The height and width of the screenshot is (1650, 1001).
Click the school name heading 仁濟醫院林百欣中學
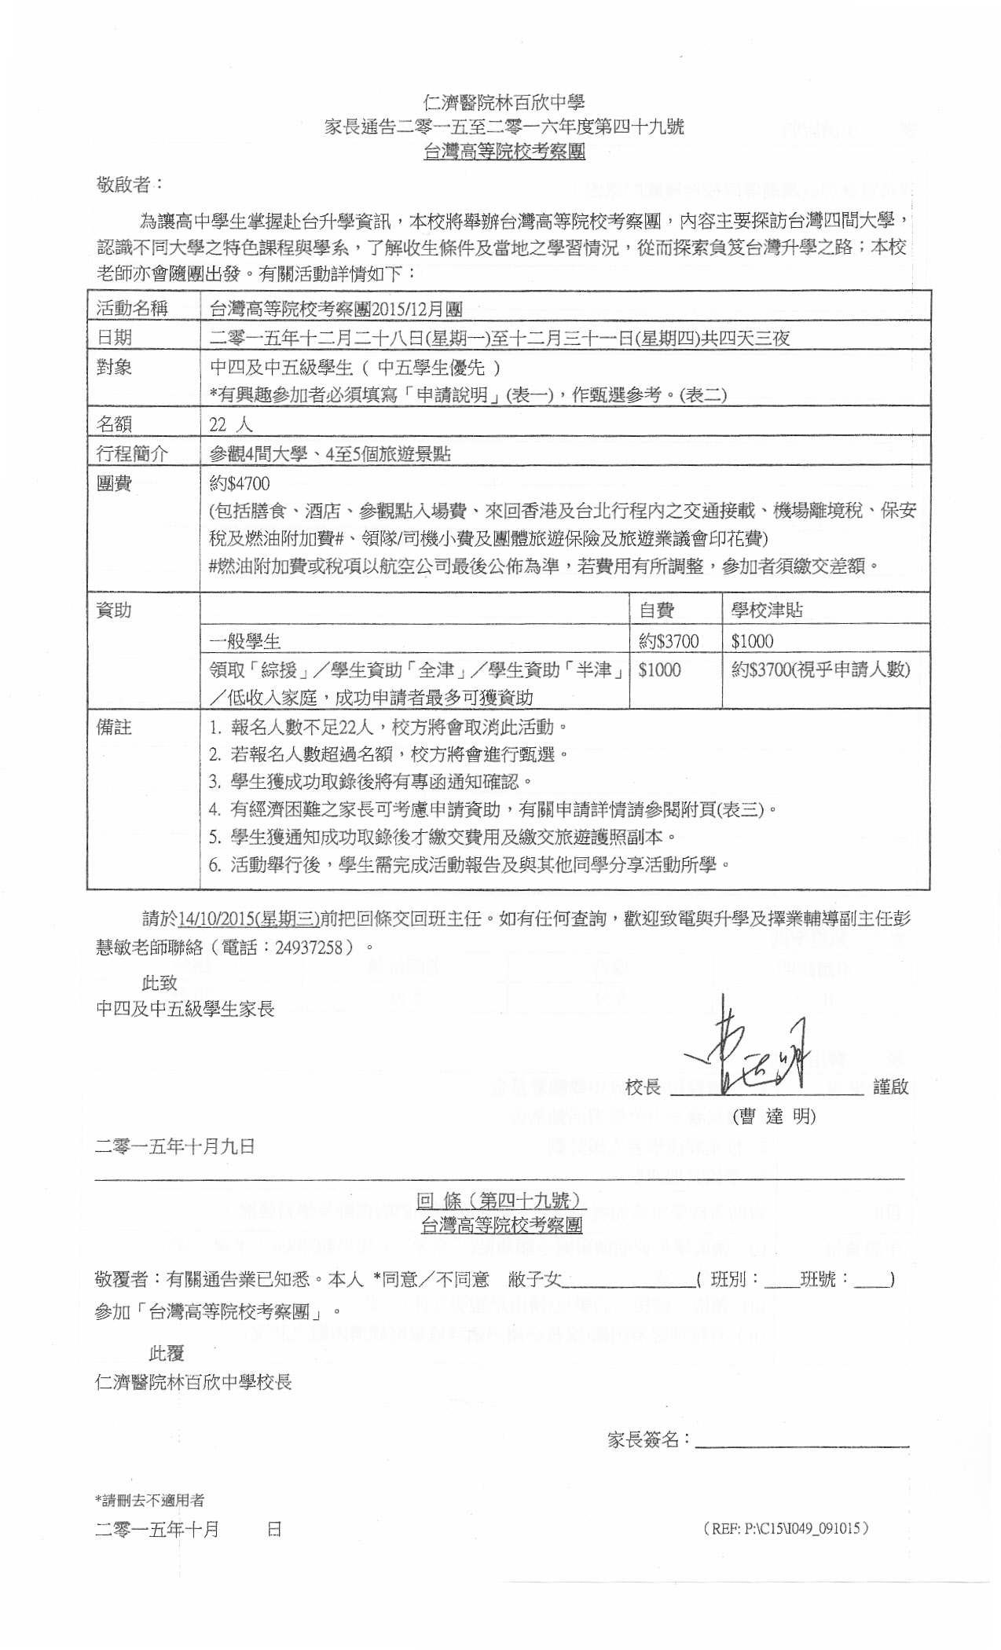coord(504,102)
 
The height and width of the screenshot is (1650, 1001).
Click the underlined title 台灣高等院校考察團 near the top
coord(504,152)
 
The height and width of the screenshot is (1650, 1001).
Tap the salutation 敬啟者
coord(128,185)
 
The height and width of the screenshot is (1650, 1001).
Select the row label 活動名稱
coord(132,308)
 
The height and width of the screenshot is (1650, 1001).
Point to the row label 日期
coord(114,338)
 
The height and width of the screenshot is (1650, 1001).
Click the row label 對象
coord(114,367)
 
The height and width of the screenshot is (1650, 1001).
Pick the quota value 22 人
coord(230,425)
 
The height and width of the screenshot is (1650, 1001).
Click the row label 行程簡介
coord(132,453)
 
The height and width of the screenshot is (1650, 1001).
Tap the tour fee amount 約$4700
coord(240,483)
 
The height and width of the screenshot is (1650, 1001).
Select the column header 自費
coord(656,610)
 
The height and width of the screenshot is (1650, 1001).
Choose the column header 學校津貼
coord(767,610)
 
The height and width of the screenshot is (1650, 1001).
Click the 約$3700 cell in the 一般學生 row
coord(669,641)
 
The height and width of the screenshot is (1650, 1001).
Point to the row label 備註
coord(114,727)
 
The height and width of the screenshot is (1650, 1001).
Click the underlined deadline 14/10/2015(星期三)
coord(249,918)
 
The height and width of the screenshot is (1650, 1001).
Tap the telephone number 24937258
coord(309,947)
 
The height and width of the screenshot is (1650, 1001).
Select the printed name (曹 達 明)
coord(774,1116)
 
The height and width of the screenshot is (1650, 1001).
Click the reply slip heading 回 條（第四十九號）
coord(501,1200)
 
